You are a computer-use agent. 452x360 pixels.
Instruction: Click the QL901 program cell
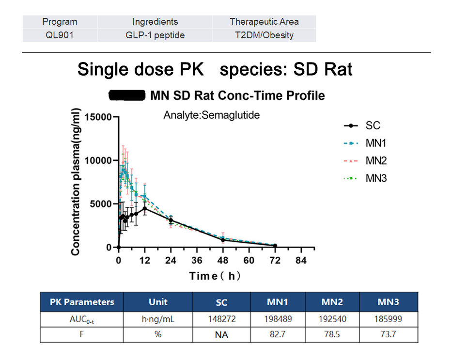(60, 35)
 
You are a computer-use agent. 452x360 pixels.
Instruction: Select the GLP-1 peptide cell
(155, 35)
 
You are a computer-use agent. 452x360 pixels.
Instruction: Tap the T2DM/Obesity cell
(264, 35)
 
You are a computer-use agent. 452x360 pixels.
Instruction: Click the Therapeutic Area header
(264, 21)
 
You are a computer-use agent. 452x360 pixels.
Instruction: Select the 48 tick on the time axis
(223, 260)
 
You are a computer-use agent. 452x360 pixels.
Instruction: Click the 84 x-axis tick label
(301, 260)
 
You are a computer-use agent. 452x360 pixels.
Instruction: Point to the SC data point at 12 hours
(145, 208)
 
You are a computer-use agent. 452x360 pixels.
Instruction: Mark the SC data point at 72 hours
(275, 246)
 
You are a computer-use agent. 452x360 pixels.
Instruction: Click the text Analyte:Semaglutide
(211, 115)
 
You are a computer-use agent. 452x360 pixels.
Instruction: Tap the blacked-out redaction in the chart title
(127, 95)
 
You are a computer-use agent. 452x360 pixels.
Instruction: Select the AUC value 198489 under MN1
(278, 319)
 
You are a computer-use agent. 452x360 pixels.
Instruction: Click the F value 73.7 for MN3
(388, 334)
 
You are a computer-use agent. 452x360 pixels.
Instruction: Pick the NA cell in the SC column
(221, 334)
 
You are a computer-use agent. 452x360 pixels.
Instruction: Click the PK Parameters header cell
(82, 302)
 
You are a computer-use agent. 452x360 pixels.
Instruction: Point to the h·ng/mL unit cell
(158, 319)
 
